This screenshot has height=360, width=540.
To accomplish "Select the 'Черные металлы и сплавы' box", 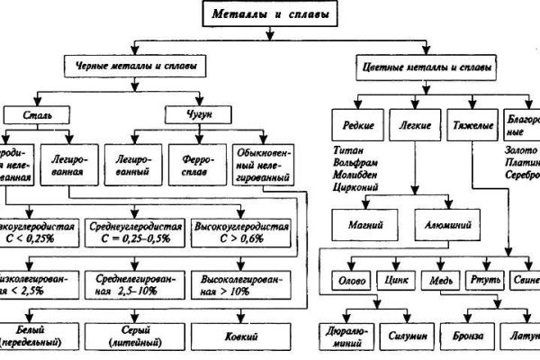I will (132, 67).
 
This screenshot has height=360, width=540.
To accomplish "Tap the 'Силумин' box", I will (405, 336).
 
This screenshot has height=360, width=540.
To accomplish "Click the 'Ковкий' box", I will (242, 335).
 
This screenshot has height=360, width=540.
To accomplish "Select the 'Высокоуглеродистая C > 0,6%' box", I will (242, 232).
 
